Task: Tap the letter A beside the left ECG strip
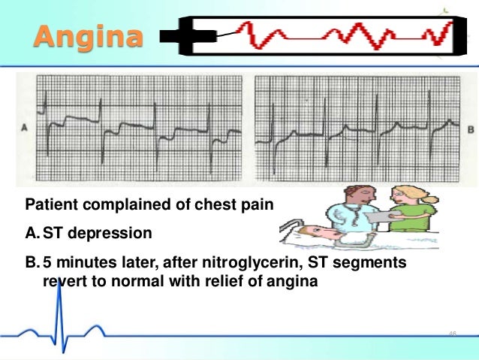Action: click(26, 128)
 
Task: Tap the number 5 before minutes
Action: click(47, 264)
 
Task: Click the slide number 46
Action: click(452, 333)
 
